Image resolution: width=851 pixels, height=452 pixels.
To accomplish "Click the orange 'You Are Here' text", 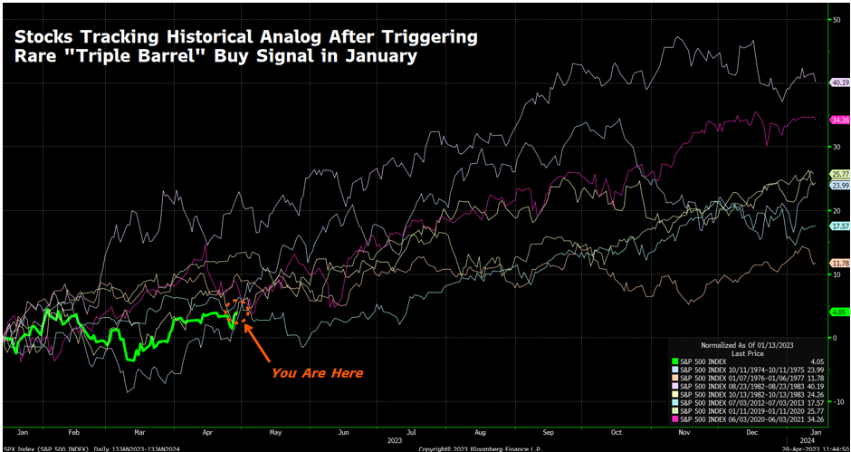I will click(317, 373).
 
